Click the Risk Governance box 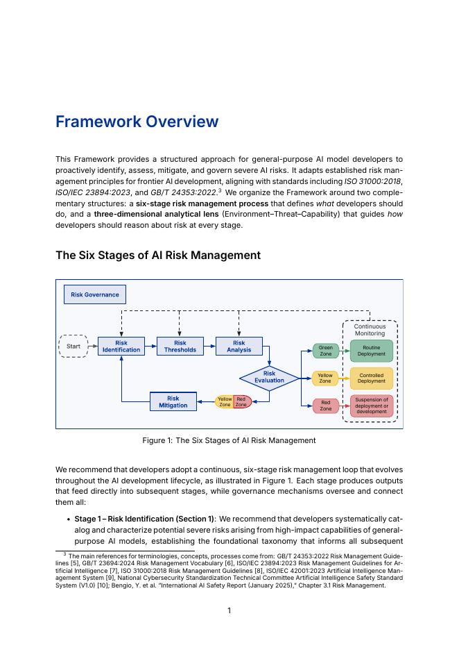pos(95,294)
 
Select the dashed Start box pos(73,346)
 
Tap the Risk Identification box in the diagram pos(121,347)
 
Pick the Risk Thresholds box pos(180,347)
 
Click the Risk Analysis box pos(239,347)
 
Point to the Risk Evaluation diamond pos(269,378)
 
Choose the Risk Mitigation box pos(173,402)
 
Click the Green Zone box pos(325,351)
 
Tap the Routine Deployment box pos(372,351)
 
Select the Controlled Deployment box pos(372,378)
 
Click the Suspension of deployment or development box pos(372,406)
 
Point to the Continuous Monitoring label pos(370,330)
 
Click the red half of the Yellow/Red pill pos(242,402)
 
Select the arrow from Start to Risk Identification pos(92,346)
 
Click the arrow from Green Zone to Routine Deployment pos(344,351)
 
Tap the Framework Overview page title pos(137,122)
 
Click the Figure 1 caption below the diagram pos(229,440)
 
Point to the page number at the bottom pos(229,610)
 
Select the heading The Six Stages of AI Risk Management pos(158,256)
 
